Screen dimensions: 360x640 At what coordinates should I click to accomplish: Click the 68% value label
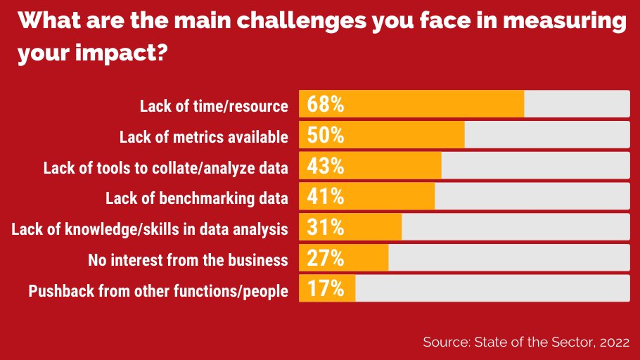pyautogui.click(x=325, y=105)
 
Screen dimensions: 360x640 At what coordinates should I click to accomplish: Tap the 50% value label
pyautogui.click(x=325, y=136)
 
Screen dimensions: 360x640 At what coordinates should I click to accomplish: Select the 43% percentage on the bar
pyautogui.click(x=325, y=167)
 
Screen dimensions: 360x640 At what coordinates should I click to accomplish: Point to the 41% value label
pyautogui.click(x=325, y=198)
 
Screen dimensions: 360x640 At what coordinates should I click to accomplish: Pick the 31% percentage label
pyautogui.click(x=325, y=228)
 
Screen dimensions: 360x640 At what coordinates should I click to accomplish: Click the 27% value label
pyautogui.click(x=325, y=259)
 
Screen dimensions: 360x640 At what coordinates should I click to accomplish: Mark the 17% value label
pyautogui.click(x=325, y=289)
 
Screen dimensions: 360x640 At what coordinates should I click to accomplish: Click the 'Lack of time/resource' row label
pyautogui.click(x=214, y=106)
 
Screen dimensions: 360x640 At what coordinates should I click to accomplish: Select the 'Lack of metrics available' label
pyautogui.click(x=204, y=136)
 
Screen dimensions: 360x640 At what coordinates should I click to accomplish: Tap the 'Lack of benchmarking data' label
pyautogui.click(x=197, y=198)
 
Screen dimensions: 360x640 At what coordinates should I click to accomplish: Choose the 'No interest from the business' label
pyautogui.click(x=188, y=259)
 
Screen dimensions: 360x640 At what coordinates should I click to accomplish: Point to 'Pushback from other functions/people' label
pyautogui.click(x=158, y=290)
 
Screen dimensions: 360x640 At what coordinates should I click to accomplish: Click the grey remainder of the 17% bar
pyautogui.click(x=492, y=289)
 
